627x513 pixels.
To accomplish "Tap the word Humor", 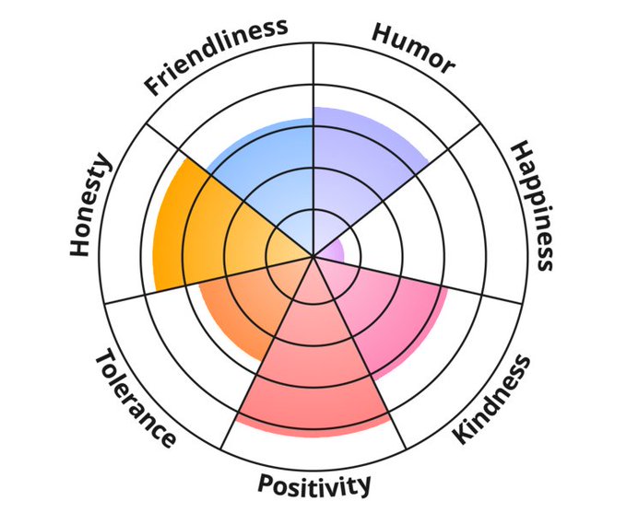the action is click(413, 46).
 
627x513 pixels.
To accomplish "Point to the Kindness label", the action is click(493, 399).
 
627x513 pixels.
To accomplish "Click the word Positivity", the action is click(314, 484).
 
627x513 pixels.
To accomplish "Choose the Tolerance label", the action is click(135, 397).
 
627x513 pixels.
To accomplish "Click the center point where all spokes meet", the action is click(313, 255).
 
